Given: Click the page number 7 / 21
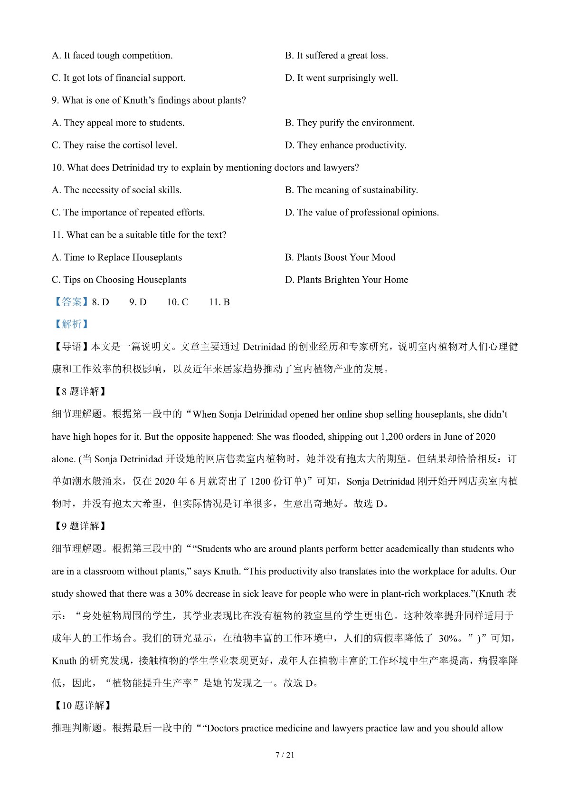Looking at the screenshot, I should click(x=285, y=755).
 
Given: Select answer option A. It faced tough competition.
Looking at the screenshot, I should click(x=112, y=56).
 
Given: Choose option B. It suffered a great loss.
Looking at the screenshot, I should click(x=336, y=56).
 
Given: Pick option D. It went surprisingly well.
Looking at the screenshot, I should click(x=342, y=78).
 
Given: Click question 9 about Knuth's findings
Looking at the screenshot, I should click(x=149, y=100).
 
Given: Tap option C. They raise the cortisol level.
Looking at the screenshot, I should click(x=114, y=145).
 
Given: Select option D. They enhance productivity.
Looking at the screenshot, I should click(x=346, y=145).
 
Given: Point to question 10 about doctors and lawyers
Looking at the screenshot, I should click(x=205, y=167).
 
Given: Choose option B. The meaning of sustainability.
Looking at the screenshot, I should click(x=351, y=190).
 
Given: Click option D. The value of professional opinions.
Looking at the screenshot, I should click(x=362, y=213).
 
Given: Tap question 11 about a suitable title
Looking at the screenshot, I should click(x=139, y=235).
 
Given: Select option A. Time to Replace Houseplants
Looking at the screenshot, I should click(x=117, y=257).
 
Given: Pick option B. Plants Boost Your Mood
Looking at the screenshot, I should click(x=340, y=257).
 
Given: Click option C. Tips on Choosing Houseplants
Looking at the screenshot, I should click(x=119, y=280).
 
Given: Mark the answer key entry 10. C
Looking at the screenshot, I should click(x=178, y=302).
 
